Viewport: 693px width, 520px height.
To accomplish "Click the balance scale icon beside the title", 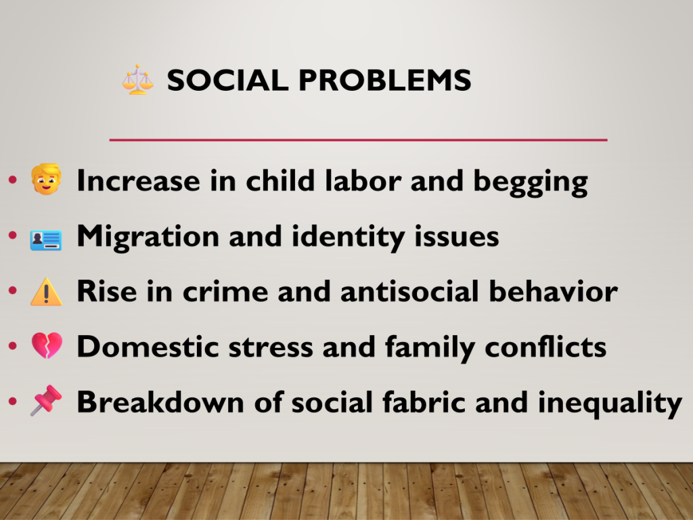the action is [x=138, y=80].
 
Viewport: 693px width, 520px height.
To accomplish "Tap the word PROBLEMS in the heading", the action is [x=385, y=80].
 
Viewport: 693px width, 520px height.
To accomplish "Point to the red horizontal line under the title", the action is [x=359, y=139].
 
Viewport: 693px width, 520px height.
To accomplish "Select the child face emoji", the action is [x=47, y=179].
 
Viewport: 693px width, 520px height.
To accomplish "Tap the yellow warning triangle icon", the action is [x=47, y=292].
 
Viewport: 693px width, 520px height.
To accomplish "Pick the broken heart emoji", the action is [x=47, y=345].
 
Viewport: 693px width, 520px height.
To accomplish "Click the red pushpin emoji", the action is [x=47, y=400].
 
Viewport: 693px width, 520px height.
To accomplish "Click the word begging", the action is [x=531, y=182].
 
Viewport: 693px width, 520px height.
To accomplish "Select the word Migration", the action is [x=148, y=237].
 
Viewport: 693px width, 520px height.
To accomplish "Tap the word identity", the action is [x=348, y=237].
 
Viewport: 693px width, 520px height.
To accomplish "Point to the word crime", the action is [x=225, y=291].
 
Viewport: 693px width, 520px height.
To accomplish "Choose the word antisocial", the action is [x=409, y=291].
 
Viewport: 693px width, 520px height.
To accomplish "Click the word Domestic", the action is [x=148, y=347].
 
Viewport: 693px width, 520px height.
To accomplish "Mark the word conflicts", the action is [x=545, y=347].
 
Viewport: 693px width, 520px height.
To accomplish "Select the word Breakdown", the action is [x=160, y=402].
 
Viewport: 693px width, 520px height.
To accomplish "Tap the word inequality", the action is [x=610, y=404].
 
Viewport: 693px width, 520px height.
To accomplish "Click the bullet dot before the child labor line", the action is [x=13, y=179].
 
